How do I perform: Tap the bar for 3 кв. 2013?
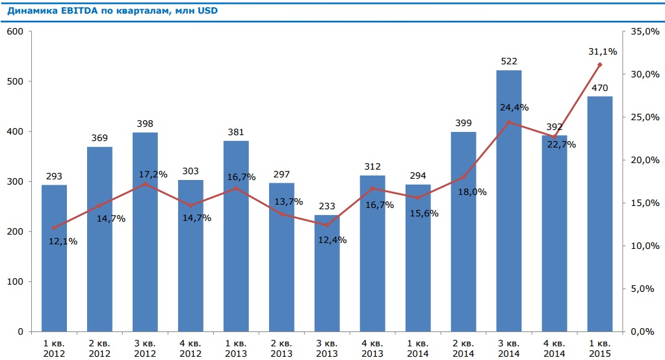point(327,273)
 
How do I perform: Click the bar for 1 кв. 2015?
point(600,214)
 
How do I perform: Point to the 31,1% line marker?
point(600,64)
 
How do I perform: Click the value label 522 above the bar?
point(509,61)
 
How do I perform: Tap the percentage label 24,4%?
point(514,107)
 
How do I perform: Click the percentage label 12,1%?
point(63,241)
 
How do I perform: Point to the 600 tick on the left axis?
point(15,31)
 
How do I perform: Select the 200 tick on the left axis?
point(15,231)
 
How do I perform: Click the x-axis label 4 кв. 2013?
point(372,348)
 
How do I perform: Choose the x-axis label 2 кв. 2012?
point(99,348)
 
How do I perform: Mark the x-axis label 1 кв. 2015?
point(600,348)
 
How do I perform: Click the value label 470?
point(600,88)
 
